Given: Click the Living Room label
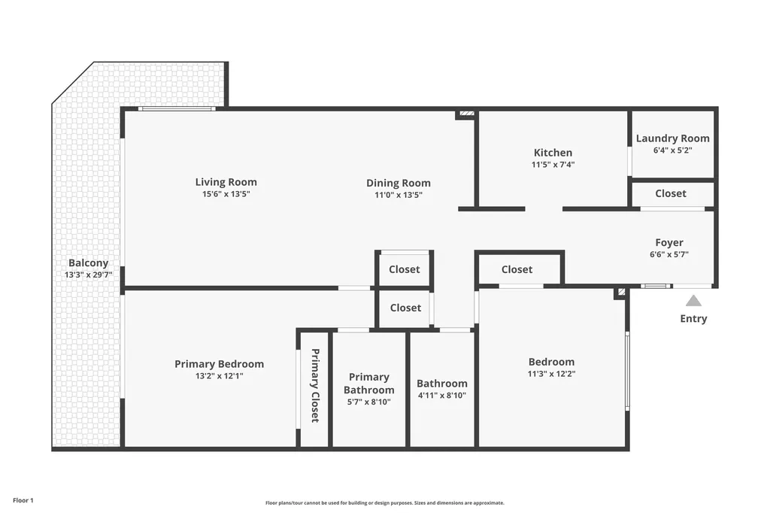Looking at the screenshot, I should (x=226, y=182).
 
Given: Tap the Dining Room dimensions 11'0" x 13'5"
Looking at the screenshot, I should (x=399, y=195).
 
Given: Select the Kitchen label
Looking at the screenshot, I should (x=553, y=153).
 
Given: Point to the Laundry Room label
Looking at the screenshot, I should (x=672, y=138).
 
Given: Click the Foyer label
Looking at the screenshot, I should (x=669, y=243).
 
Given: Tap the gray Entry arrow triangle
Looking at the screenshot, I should (x=693, y=301).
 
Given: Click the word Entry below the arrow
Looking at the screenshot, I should (x=693, y=319).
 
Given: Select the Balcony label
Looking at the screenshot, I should (x=89, y=263).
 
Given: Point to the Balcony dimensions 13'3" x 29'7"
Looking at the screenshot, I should (x=89, y=275).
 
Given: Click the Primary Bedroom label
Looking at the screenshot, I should (x=219, y=364).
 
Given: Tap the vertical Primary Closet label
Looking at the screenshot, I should (x=315, y=385).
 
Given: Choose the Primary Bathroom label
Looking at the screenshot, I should (x=368, y=384).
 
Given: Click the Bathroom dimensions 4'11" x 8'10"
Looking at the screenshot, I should (x=442, y=395).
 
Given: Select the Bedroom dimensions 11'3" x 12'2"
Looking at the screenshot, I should (x=551, y=374).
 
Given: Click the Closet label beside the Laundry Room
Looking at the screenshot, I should (x=670, y=193).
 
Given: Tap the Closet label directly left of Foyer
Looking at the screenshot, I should (x=517, y=269).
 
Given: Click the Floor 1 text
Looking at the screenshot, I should (x=23, y=500).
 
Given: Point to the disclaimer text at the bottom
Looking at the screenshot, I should (x=384, y=503).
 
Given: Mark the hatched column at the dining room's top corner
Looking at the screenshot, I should (x=466, y=114).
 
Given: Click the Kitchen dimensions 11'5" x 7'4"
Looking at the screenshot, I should (x=553, y=165).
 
